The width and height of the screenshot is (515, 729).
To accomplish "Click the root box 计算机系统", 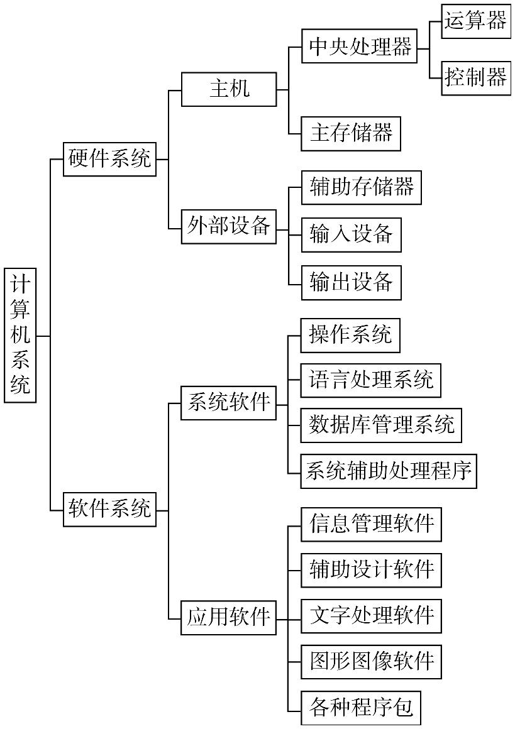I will [20, 335].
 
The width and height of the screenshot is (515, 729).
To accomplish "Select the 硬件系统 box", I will [110, 159].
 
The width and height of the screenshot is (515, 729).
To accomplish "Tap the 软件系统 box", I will [110, 509].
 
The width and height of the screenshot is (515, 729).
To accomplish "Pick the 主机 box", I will [229, 89].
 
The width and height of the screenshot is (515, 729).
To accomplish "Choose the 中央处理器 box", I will [359, 47].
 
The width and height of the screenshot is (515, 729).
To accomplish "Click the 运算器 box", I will [476, 22].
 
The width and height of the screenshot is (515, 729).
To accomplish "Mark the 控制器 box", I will [476, 78].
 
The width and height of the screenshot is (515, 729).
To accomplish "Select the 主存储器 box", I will [351, 133].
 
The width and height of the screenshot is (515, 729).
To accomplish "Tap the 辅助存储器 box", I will [361, 187].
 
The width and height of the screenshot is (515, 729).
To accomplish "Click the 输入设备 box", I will [351, 235].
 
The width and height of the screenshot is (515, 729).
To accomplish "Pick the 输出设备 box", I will [351, 283].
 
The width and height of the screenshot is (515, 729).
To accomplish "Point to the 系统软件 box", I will [229, 403].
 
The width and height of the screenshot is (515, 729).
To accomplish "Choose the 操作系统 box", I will [350, 336].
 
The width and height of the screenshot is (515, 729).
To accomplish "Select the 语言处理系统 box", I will [370, 380].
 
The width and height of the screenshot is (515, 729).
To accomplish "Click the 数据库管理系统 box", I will [381, 425].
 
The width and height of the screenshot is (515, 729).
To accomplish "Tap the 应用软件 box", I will [229, 618].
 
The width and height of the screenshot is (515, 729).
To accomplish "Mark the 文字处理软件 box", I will [371, 616].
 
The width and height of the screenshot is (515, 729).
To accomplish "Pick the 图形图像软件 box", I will [371, 662].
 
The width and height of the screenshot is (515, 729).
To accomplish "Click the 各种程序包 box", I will [360, 708].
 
